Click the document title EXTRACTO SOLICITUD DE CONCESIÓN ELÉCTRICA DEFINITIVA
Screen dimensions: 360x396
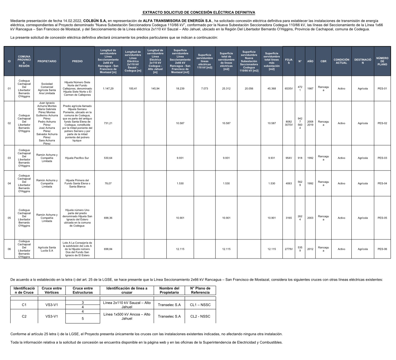(199, 13)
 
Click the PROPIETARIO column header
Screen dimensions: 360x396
(47, 61)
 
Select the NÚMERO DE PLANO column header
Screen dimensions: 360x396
(382, 61)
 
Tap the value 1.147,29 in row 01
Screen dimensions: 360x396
(108, 89)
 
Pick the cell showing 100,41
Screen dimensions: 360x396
(133, 89)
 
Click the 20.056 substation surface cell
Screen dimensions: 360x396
(249, 89)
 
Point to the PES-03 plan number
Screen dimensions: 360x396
(382, 158)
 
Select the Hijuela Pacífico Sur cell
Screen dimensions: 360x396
(77, 158)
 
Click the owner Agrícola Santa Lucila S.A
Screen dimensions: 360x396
(47, 249)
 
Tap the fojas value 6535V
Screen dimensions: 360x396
(289, 89)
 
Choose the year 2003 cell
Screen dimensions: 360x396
(310, 218)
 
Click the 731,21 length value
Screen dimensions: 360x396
(108, 123)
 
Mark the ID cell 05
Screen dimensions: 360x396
(9, 218)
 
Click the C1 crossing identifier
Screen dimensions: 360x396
(24, 305)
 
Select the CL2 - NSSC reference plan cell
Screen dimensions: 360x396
(200, 317)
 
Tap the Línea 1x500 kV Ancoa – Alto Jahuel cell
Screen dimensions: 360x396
(127, 317)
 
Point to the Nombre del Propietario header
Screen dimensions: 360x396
(169, 291)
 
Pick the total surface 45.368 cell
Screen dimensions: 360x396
(271, 89)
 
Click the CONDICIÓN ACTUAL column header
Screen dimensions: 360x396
(341, 61)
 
